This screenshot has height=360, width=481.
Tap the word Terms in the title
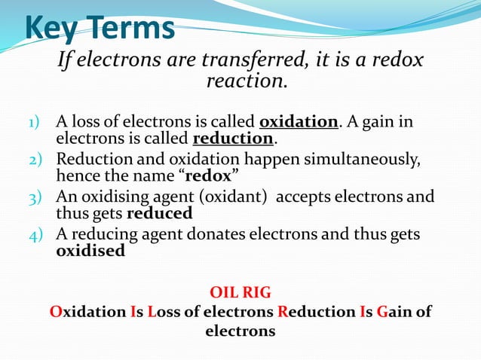[133, 28]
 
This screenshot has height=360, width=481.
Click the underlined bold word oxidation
[299, 122]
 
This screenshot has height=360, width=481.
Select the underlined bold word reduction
[233, 139]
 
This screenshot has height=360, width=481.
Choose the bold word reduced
[164, 214]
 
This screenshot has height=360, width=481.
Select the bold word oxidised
[90, 252]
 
